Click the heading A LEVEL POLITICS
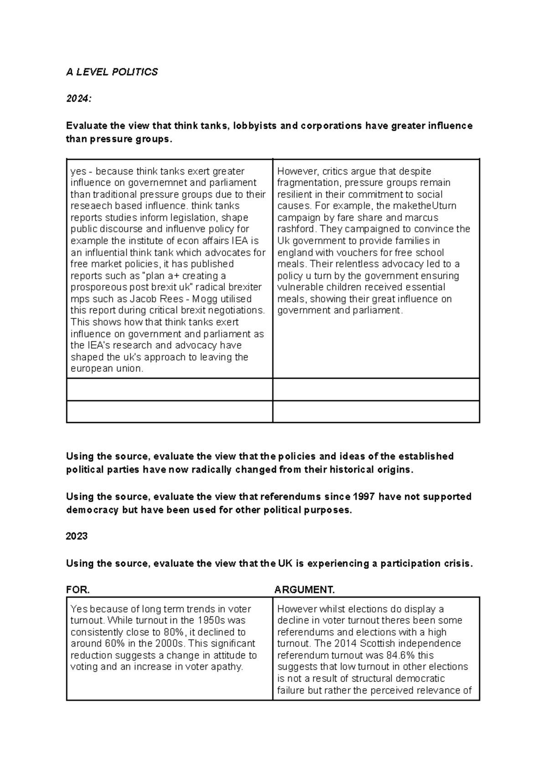(112, 72)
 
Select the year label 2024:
(78, 99)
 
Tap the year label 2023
(77, 536)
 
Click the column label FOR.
(77, 590)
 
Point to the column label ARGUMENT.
(304, 590)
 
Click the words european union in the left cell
(107, 369)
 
